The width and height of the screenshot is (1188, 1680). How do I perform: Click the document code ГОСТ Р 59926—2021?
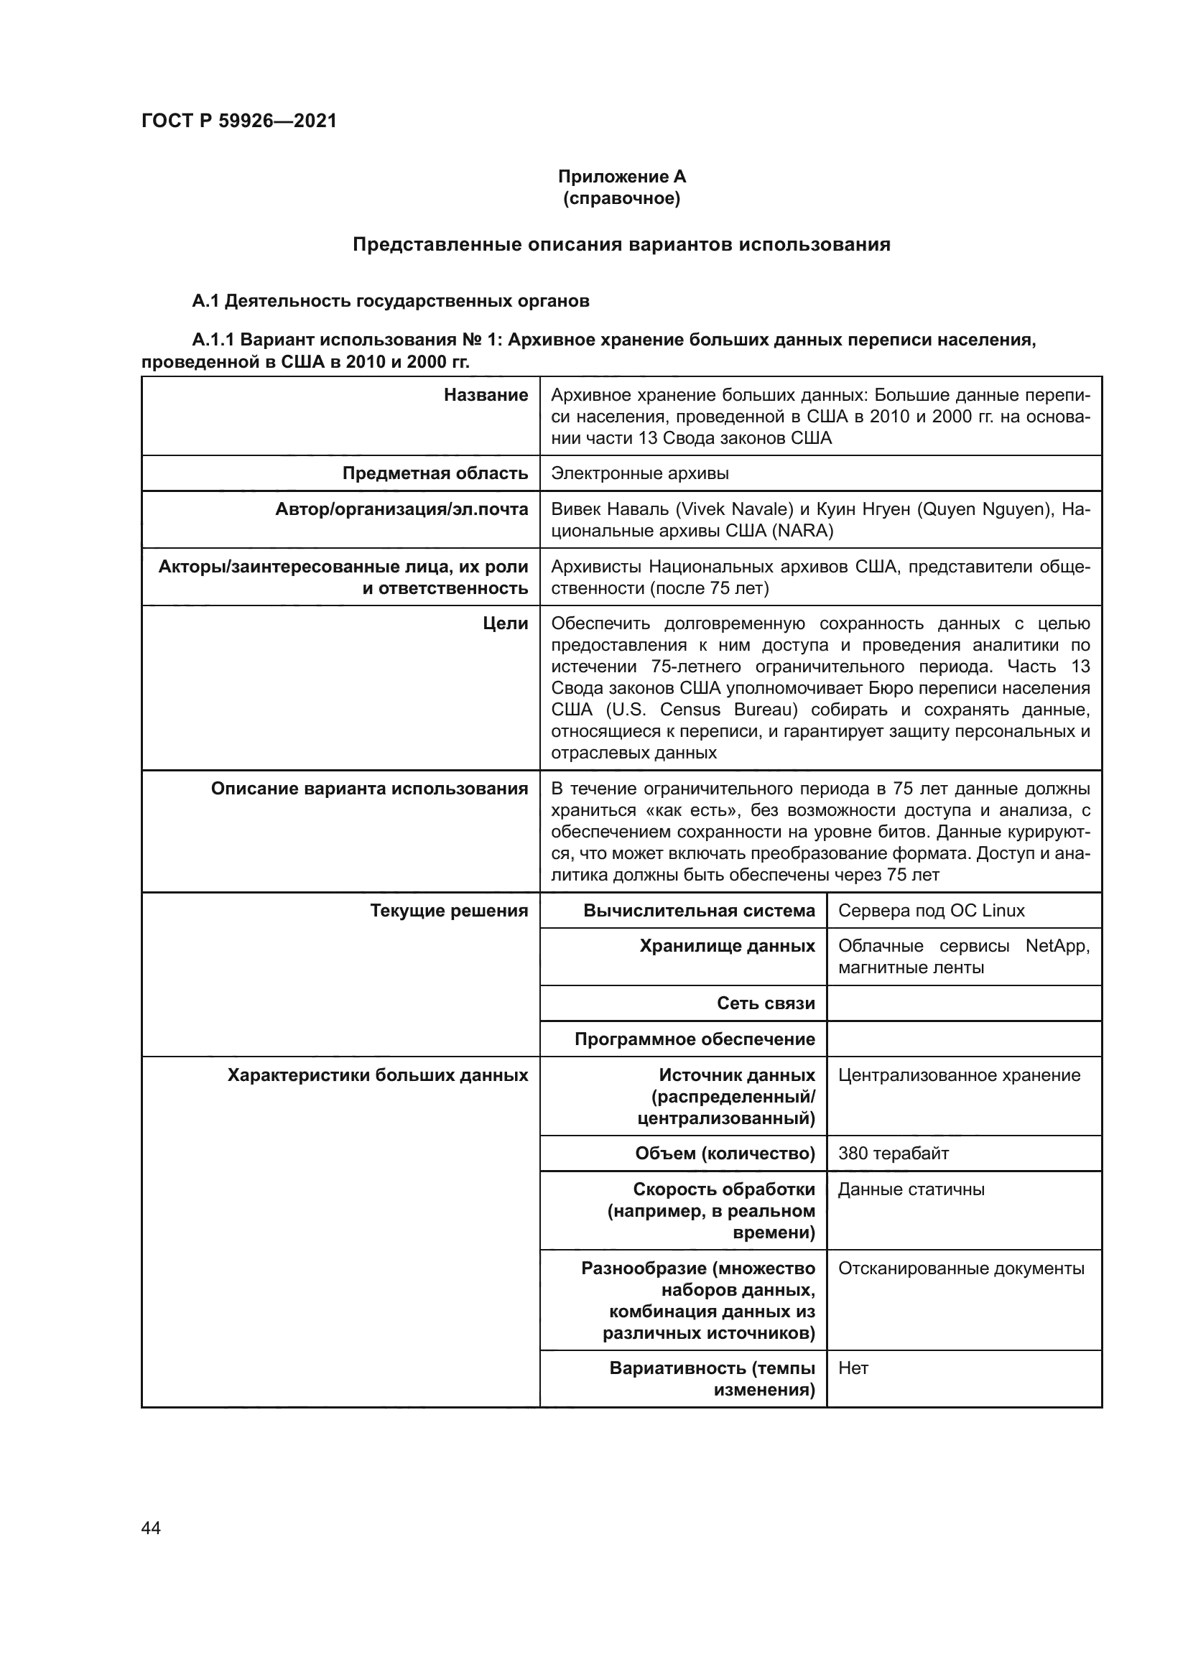[239, 121]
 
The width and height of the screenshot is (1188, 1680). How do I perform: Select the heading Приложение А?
[622, 177]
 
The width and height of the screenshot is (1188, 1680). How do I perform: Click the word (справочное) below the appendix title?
[622, 198]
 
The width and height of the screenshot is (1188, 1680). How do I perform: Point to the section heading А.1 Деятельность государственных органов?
[391, 301]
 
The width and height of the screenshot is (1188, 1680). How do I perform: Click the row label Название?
[486, 395]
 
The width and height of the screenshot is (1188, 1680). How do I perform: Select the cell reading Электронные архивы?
[640, 473]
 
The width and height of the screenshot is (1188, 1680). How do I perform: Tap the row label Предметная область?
[435, 473]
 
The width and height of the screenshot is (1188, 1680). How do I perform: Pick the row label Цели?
[506, 623]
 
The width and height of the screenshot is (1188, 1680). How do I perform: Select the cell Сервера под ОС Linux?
[932, 910]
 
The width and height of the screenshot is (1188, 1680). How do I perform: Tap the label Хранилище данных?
[727, 946]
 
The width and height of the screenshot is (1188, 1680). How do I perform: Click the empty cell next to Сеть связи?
[963, 1003]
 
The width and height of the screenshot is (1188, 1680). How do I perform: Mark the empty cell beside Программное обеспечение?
[963, 1039]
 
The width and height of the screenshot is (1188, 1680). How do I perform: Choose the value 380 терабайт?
[894, 1154]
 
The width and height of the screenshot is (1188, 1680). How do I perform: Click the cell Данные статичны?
[911, 1189]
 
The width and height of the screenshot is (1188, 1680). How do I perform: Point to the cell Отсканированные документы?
[961, 1268]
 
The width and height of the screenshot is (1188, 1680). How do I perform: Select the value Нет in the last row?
[853, 1368]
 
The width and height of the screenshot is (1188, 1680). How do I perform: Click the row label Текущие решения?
[448, 910]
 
